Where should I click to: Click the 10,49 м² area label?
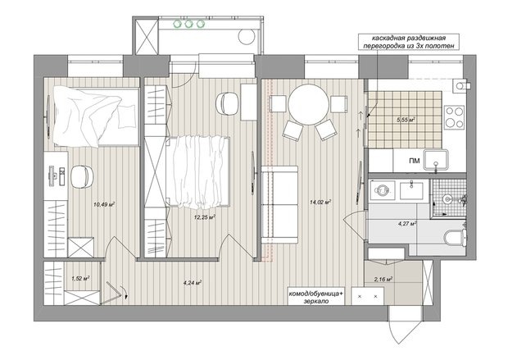(x=104, y=204)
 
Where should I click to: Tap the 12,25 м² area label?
(x=205, y=217)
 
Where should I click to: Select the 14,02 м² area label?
(x=320, y=202)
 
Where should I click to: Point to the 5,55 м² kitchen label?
(x=406, y=120)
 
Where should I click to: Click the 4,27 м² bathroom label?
(x=407, y=223)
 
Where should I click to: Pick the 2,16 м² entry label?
(x=383, y=278)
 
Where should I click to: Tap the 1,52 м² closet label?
(x=80, y=278)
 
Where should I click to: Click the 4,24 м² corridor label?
(x=193, y=282)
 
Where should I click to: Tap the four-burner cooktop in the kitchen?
(x=454, y=117)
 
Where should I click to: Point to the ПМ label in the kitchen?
(x=414, y=161)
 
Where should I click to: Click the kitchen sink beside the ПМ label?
(x=436, y=160)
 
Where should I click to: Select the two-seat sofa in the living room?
(x=279, y=204)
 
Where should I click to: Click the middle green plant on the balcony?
(x=189, y=24)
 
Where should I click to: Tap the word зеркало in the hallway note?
(x=316, y=301)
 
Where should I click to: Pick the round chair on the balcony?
(x=247, y=36)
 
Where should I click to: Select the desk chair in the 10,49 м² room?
(x=82, y=176)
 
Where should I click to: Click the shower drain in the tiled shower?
(x=447, y=198)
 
